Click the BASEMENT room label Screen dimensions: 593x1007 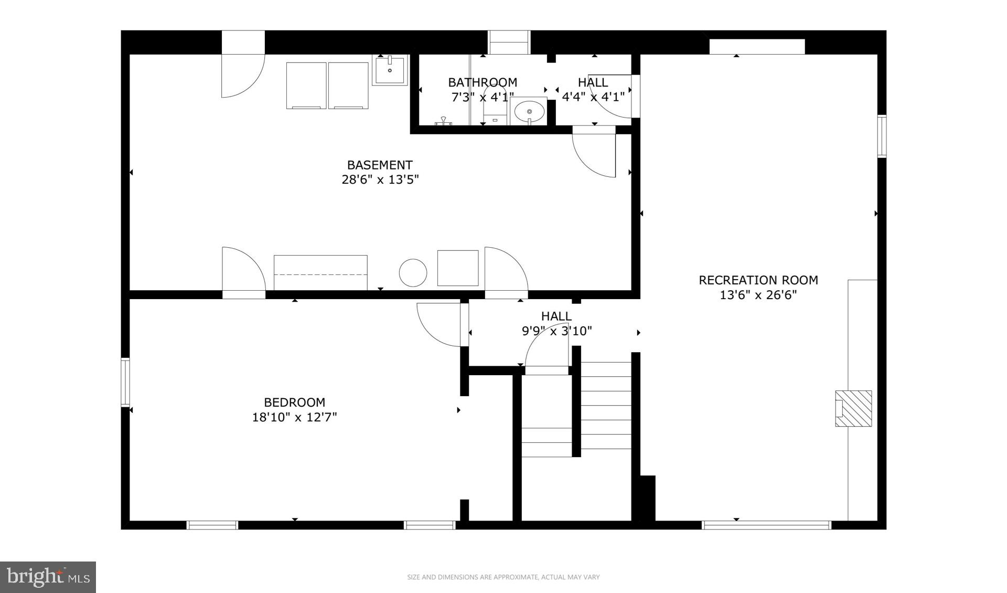tap(380, 165)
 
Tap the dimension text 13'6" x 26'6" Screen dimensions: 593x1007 tap(758, 295)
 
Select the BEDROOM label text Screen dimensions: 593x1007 tap(294, 403)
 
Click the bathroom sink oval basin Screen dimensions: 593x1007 tap(529, 111)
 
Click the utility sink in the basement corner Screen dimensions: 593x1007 tap(390, 70)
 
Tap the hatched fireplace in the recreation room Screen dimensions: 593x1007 tap(853, 408)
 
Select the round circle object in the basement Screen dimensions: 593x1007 tap(413, 273)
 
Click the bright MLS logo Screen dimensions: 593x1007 tap(48, 577)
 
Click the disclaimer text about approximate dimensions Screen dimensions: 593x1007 tap(503, 577)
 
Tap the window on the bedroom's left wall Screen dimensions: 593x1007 tap(125, 382)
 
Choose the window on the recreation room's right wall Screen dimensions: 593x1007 tap(882, 136)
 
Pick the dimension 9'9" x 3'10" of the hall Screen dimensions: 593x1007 tap(556, 331)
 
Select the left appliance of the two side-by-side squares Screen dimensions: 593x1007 tap(306, 86)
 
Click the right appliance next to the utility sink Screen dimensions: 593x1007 tap(348, 86)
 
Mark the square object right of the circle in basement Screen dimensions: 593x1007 tap(458, 268)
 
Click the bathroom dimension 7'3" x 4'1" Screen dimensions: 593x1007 tap(483, 97)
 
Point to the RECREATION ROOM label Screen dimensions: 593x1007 tap(758, 280)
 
